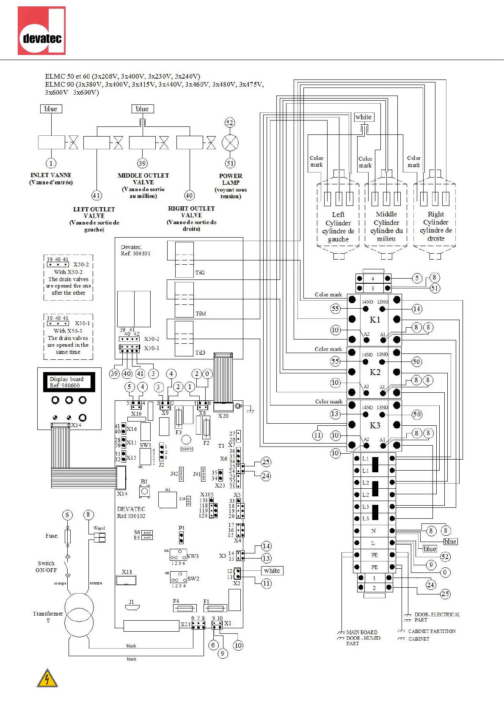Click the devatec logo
click(41, 31)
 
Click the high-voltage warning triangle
click(47, 678)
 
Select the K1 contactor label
click(375, 320)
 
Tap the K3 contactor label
click(375, 425)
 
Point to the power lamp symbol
click(230, 143)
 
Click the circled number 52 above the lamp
click(229, 123)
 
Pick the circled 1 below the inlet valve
click(51, 163)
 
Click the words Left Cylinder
click(338, 219)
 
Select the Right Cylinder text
click(436, 218)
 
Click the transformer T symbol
click(79, 615)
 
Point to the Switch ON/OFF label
click(46, 567)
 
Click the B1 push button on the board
click(144, 491)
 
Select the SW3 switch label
click(193, 556)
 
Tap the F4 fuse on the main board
click(185, 608)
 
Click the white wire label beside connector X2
click(272, 571)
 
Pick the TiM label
click(201, 314)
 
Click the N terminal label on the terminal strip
click(373, 531)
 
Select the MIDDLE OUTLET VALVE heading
click(143, 179)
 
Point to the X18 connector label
click(127, 572)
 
